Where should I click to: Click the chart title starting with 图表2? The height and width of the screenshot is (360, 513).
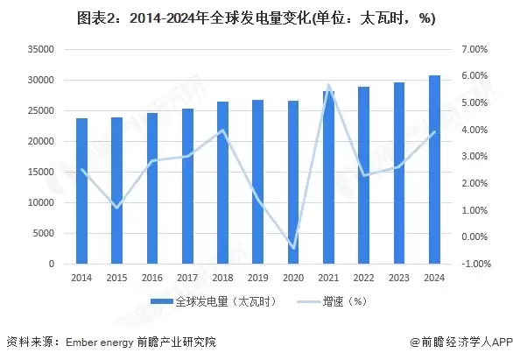click(256, 18)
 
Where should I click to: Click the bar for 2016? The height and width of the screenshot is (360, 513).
click(152, 187)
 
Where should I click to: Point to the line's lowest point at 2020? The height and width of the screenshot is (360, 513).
click(294, 249)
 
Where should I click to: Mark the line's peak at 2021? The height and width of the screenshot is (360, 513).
click(329, 86)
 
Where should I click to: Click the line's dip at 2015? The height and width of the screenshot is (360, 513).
click(117, 208)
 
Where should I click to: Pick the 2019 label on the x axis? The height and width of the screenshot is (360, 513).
click(258, 277)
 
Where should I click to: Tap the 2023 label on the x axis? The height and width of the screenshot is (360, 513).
click(399, 277)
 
